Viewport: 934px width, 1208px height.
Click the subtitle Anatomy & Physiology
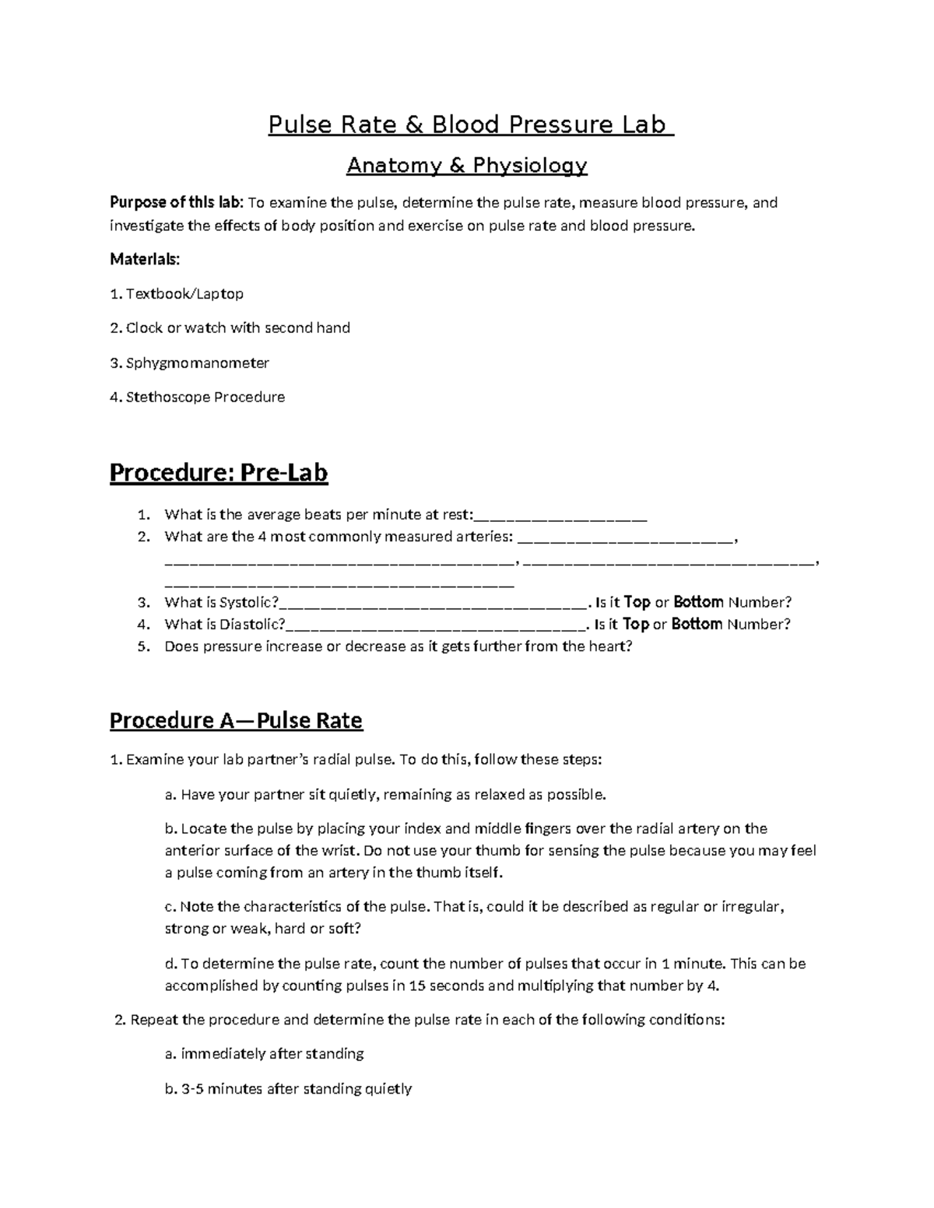(x=467, y=166)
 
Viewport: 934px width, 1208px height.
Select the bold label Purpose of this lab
(x=176, y=203)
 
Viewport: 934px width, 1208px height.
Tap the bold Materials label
(x=145, y=259)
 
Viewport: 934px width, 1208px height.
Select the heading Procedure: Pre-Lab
(x=219, y=473)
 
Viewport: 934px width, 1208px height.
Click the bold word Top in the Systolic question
(x=637, y=602)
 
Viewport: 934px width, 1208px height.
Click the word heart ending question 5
(x=609, y=646)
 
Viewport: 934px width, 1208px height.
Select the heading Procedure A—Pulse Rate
(x=236, y=720)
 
